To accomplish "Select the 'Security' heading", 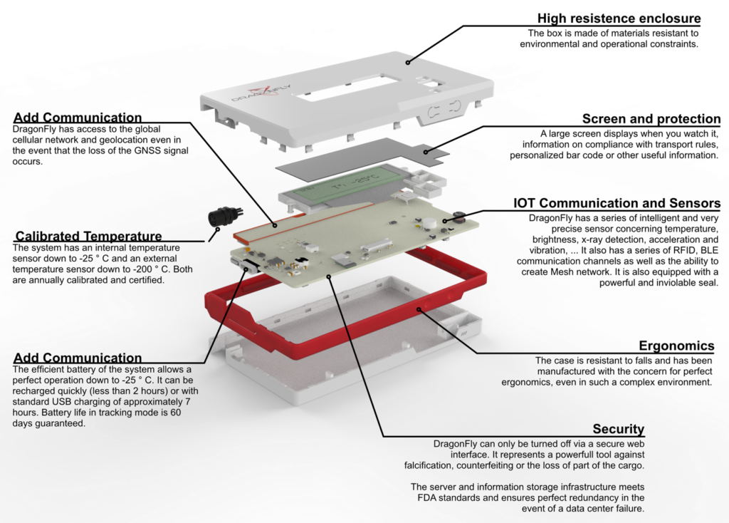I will [x=618, y=429].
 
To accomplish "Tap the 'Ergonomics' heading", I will [x=676, y=346].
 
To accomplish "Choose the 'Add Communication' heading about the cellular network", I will [x=77, y=117].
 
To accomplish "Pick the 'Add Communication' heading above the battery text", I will [x=77, y=358].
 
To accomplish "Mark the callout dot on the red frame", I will [x=421, y=309].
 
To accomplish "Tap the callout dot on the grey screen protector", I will [x=426, y=151].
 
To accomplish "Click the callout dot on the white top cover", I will [x=409, y=61].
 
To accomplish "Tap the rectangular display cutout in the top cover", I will [x=346, y=87].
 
